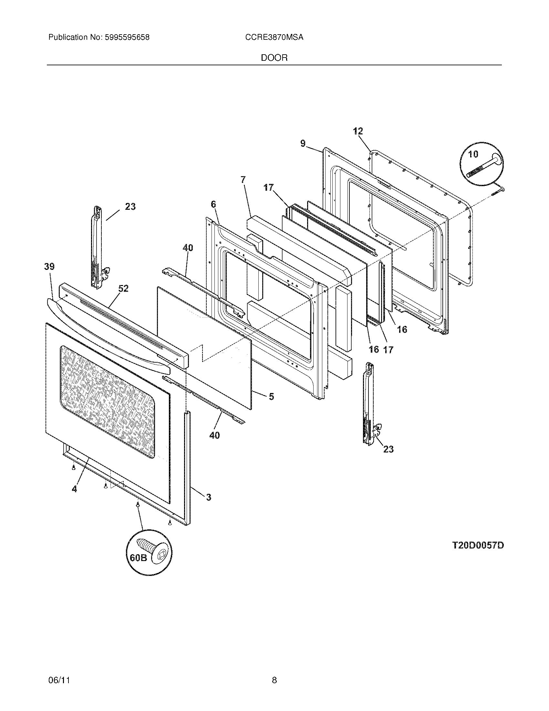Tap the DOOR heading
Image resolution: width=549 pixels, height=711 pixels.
click(274, 58)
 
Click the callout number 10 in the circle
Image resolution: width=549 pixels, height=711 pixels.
click(473, 154)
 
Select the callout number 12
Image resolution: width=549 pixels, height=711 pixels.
click(358, 131)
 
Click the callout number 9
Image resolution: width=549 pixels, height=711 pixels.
click(303, 143)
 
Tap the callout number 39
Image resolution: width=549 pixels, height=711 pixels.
click(49, 267)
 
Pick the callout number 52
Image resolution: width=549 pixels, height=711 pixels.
click(123, 288)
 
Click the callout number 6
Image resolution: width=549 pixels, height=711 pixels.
click(213, 204)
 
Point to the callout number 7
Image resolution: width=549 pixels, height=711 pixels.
click(243, 179)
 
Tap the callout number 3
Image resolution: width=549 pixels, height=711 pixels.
click(208, 497)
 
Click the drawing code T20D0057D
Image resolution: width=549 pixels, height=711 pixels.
click(478, 545)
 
